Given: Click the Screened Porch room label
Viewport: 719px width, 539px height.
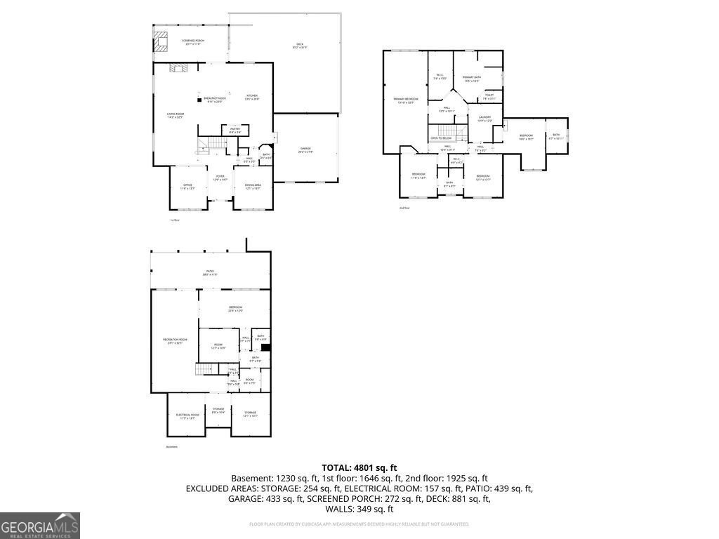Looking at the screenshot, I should point(192,42).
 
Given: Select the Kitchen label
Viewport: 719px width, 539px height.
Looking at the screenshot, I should point(252,97).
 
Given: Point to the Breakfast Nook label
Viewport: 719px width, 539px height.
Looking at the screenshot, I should point(214,100).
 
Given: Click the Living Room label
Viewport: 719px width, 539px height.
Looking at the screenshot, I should point(175,115).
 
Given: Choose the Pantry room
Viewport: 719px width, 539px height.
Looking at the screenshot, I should point(235,130).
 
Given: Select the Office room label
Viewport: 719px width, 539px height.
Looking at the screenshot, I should point(187,186).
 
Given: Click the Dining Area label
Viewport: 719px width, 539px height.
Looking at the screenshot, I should point(253,186).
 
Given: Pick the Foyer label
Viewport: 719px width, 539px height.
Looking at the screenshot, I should point(220,178).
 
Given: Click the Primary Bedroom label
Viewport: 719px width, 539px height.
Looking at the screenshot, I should point(405,100).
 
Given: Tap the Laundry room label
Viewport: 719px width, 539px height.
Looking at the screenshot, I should point(484,119).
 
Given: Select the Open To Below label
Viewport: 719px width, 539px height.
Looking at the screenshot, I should point(441,138).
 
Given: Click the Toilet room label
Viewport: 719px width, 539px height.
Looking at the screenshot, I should point(489,96).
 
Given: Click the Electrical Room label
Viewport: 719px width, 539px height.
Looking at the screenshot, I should point(187,415).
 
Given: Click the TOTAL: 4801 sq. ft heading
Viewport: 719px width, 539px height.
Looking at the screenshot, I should point(359,467).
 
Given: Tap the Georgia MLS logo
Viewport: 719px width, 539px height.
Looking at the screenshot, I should point(40,526).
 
